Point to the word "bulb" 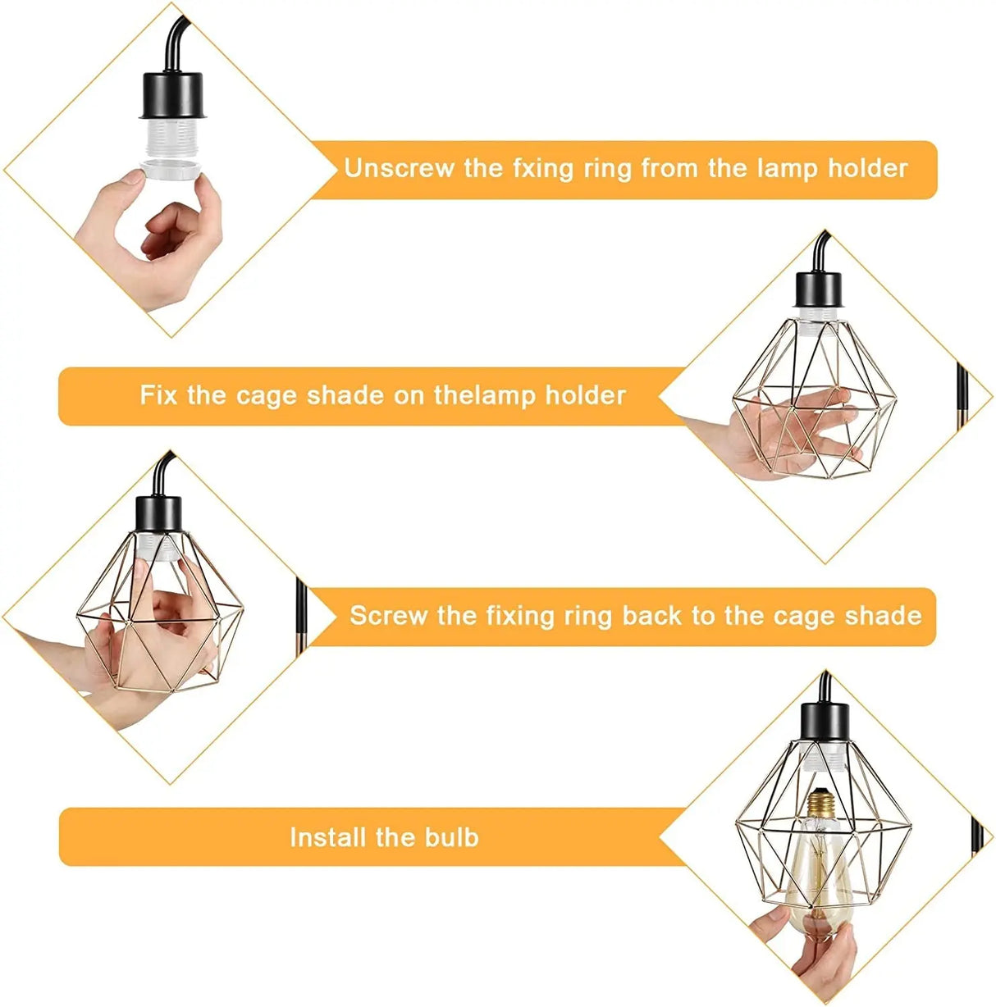[451, 837]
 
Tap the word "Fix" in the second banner [158, 395]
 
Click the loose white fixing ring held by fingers [174, 169]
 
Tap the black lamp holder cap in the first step [173, 93]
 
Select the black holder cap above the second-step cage [818, 287]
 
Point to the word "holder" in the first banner [867, 168]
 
